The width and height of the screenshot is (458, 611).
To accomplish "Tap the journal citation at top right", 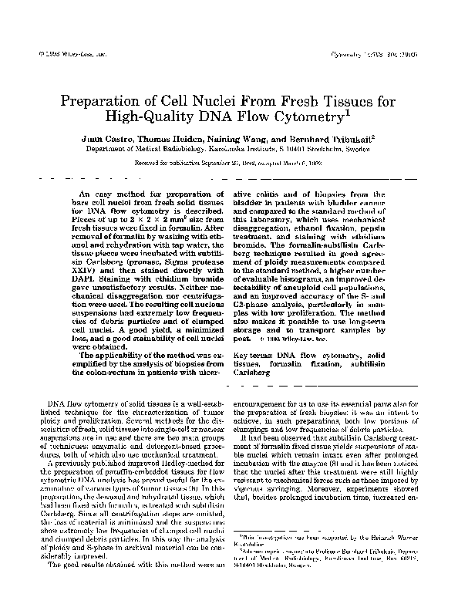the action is click(x=386, y=56).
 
